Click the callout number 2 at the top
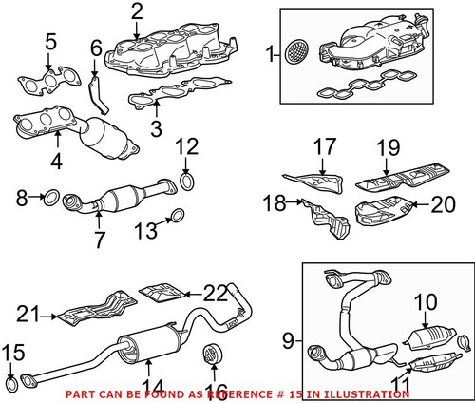tap(137, 12)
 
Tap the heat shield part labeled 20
tap(382, 209)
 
